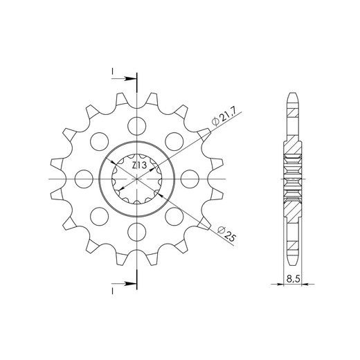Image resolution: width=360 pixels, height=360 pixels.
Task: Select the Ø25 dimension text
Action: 227,234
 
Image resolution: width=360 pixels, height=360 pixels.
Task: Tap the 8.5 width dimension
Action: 293,279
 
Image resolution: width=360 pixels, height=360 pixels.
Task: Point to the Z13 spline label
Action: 139,165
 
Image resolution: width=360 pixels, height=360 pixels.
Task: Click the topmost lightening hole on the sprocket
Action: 137,126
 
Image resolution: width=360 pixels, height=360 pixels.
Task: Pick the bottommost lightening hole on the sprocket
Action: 137,232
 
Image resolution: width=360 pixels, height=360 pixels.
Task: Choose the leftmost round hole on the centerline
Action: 84,179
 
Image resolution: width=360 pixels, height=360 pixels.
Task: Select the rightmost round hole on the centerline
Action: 190,179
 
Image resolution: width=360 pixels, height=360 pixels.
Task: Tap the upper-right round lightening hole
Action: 174,141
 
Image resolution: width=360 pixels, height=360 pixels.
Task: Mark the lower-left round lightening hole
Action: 100,216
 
